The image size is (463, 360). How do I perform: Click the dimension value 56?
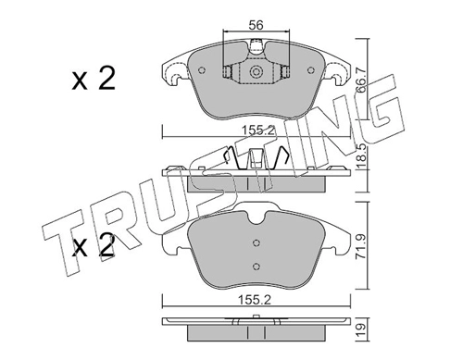coord(256,25)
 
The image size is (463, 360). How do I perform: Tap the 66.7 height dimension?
coord(361,80)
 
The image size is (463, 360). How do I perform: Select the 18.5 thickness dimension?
coord(361,156)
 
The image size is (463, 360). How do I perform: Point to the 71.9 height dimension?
coord(361,246)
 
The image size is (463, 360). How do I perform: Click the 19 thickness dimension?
coord(361,329)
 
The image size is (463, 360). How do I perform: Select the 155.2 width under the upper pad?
coord(257,130)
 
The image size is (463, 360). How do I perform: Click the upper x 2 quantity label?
coord(94,79)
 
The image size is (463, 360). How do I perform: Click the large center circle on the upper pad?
coord(256,72)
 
